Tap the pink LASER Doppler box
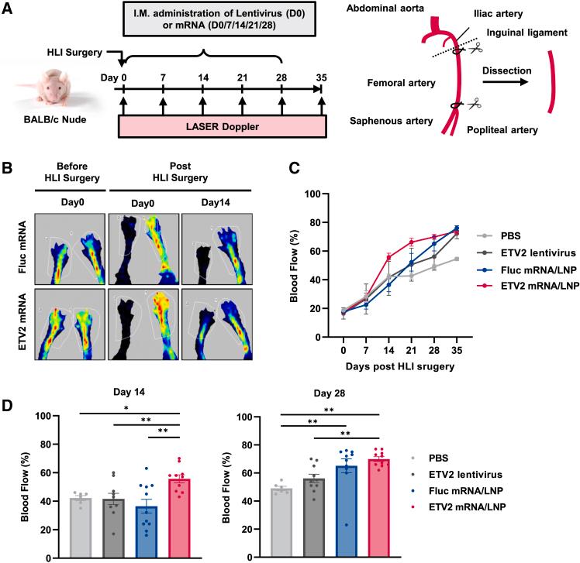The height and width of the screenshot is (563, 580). pos(222,126)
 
